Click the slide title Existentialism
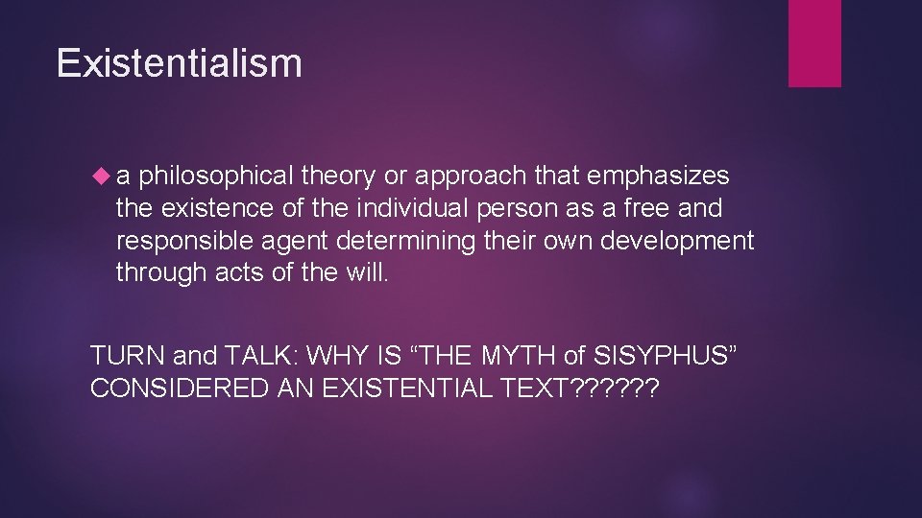pyautogui.click(x=180, y=63)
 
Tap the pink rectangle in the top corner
pyautogui.click(x=814, y=43)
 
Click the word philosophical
pyautogui.click(x=216, y=177)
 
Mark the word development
pyautogui.click(x=677, y=241)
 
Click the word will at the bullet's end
pyautogui.click(x=370, y=272)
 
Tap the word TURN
pyautogui.click(x=127, y=356)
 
